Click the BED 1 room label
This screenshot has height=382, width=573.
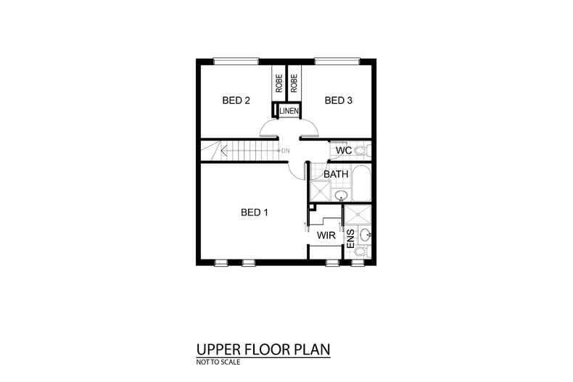pos(255,212)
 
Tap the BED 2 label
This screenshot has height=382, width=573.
pos(236,101)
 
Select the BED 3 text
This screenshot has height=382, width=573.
pos(338,101)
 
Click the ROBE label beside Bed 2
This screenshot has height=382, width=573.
pos(279,83)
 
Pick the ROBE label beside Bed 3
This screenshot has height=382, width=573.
pos(294,83)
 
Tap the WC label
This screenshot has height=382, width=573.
pos(344,151)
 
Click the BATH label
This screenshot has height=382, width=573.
pos(336,175)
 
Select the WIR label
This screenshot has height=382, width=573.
pos(324,236)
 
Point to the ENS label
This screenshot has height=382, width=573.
pos(350,239)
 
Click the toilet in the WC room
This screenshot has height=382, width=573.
pos(365,151)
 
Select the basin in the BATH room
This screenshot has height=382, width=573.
pos(341,194)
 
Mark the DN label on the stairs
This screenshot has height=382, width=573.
pos(285,151)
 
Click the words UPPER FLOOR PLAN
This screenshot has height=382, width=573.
pos(263,349)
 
